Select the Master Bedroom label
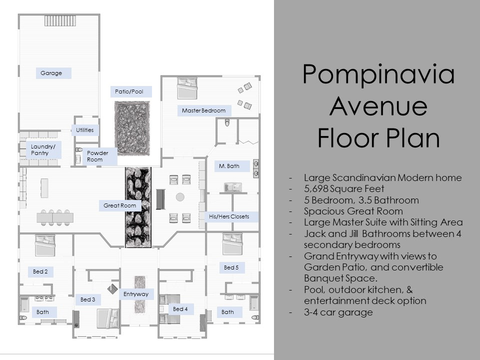[204, 110]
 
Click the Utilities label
[85, 130]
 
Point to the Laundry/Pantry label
[43, 150]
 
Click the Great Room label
[120, 205]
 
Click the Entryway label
[136, 294]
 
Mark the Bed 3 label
[88, 299]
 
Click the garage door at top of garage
[60, 21]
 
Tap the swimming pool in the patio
[132, 128]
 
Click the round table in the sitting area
[180, 197]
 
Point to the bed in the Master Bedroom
[187, 88]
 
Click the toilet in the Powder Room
[79, 150]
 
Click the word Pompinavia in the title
[378, 74]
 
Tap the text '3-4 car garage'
[338, 312]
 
